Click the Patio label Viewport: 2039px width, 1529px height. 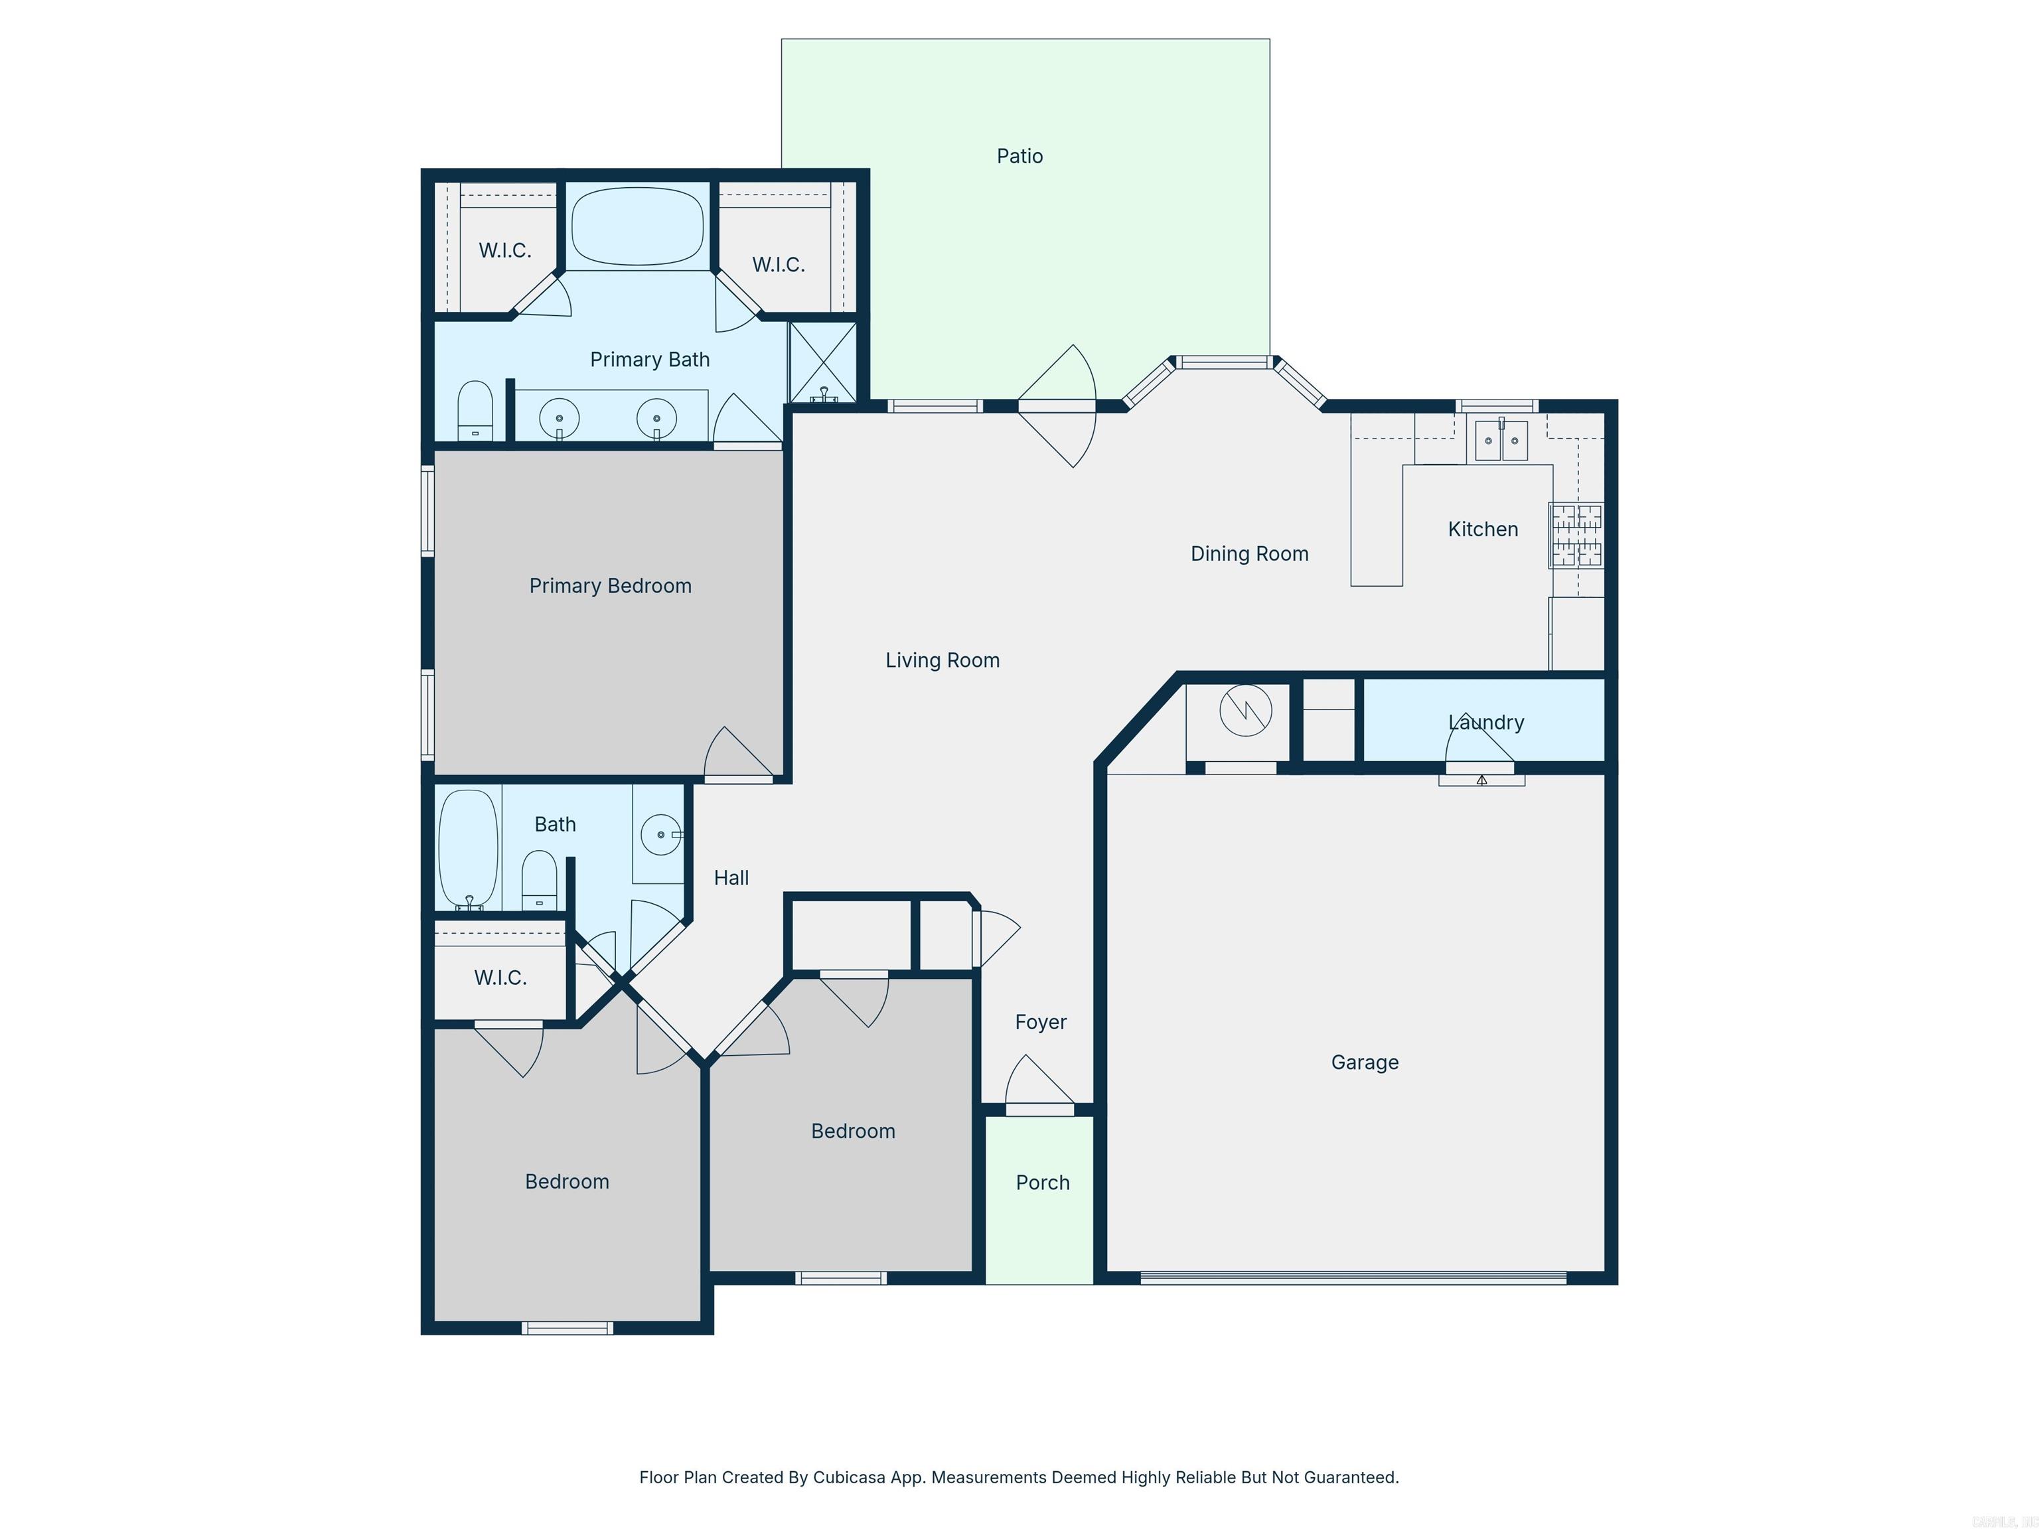1019,156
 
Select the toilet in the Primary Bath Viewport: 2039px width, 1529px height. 476,411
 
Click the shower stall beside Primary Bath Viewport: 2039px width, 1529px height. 823,361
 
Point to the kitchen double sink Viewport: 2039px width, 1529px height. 1501,441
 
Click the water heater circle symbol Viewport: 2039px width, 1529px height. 1245,711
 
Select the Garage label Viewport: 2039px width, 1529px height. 1364,1062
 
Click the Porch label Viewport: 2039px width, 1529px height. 1043,1183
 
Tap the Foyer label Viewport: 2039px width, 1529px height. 1041,1022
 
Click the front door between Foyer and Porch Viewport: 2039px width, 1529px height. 1040,1110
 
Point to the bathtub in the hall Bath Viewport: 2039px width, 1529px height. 469,848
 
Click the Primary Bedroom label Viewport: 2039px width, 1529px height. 610,586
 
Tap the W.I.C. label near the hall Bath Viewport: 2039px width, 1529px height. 500,978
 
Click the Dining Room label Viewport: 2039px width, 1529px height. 1249,554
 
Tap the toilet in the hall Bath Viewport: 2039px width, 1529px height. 539,880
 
